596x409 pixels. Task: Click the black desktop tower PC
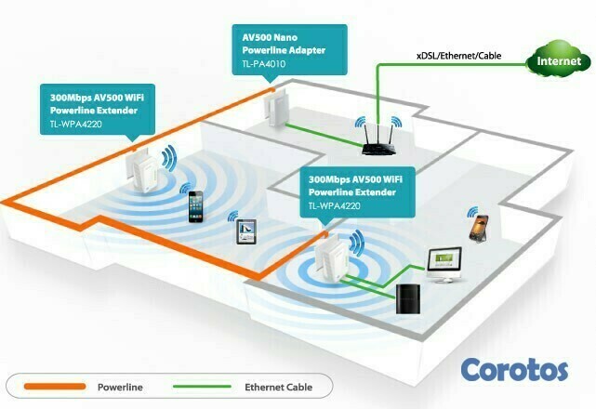pyautogui.click(x=409, y=300)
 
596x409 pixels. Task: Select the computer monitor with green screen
pyautogui.click(x=445, y=263)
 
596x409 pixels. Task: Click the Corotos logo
pyautogui.click(x=514, y=368)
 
